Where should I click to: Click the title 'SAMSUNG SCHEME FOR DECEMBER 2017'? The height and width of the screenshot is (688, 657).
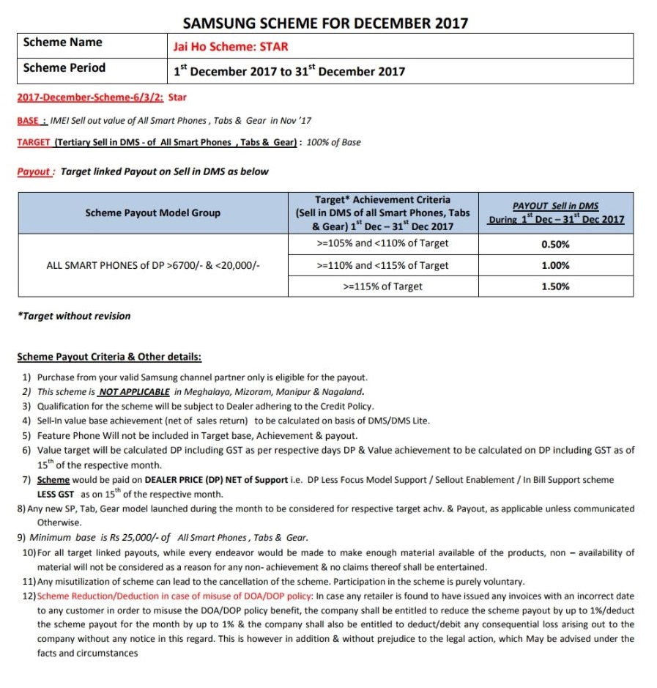tap(325, 22)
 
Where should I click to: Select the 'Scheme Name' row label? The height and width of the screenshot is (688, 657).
tap(63, 42)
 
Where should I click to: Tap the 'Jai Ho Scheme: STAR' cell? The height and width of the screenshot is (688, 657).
tap(230, 46)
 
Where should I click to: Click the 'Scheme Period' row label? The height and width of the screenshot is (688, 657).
tap(64, 68)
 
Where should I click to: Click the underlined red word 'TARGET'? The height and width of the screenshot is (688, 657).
tap(33, 142)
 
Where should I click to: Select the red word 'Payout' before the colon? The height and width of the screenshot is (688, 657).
tap(34, 171)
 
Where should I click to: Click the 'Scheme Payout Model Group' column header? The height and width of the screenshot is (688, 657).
tap(152, 212)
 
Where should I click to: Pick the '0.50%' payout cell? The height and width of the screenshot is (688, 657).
tap(556, 245)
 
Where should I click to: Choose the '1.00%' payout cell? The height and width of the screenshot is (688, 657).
tap(556, 266)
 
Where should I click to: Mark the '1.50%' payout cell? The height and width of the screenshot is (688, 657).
tap(556, 286)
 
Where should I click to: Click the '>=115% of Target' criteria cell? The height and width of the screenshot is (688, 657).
tap(382, 286)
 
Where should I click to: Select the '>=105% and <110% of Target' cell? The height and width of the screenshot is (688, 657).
tap(382, 243)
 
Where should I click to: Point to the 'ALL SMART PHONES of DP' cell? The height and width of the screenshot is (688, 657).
tap(152, 265)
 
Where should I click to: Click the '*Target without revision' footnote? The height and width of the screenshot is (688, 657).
tap(74, 316)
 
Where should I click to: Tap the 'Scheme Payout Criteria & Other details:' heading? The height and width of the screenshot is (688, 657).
tap(109, 358)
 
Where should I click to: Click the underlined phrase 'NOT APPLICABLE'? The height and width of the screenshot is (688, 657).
tap(134, 391)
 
